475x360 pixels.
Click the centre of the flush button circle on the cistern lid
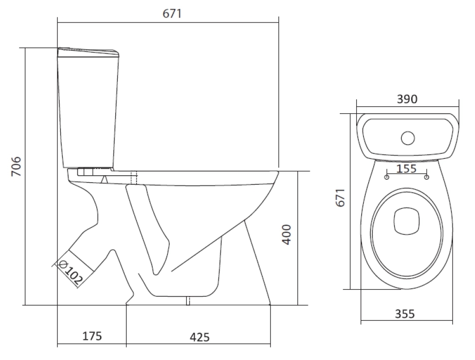(408, 138)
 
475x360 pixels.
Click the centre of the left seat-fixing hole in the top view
(387, 177)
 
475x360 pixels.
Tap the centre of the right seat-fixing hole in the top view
(427, 177)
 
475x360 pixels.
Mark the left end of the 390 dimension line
(357, 106)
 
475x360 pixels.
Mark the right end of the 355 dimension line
(453, 320)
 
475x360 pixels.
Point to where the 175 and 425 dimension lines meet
(126, 344)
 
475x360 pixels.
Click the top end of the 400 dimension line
(297, 171)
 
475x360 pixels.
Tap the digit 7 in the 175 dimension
(92, 336)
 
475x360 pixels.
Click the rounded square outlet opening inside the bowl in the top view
(407, 221)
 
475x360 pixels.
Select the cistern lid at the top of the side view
(88, 52)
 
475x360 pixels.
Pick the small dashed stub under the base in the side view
(188, 301)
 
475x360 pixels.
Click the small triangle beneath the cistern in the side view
(104, 179)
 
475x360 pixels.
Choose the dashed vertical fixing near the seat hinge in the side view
(134, 178)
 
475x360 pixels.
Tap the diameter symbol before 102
(62, 265)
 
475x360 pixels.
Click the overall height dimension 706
(16, 166)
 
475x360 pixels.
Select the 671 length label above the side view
(172, 13)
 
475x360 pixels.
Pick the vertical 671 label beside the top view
(340, 198)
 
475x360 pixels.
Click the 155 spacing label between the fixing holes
(406, 168)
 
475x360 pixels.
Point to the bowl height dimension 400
(286, 234)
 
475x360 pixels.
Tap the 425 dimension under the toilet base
(200, 337)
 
